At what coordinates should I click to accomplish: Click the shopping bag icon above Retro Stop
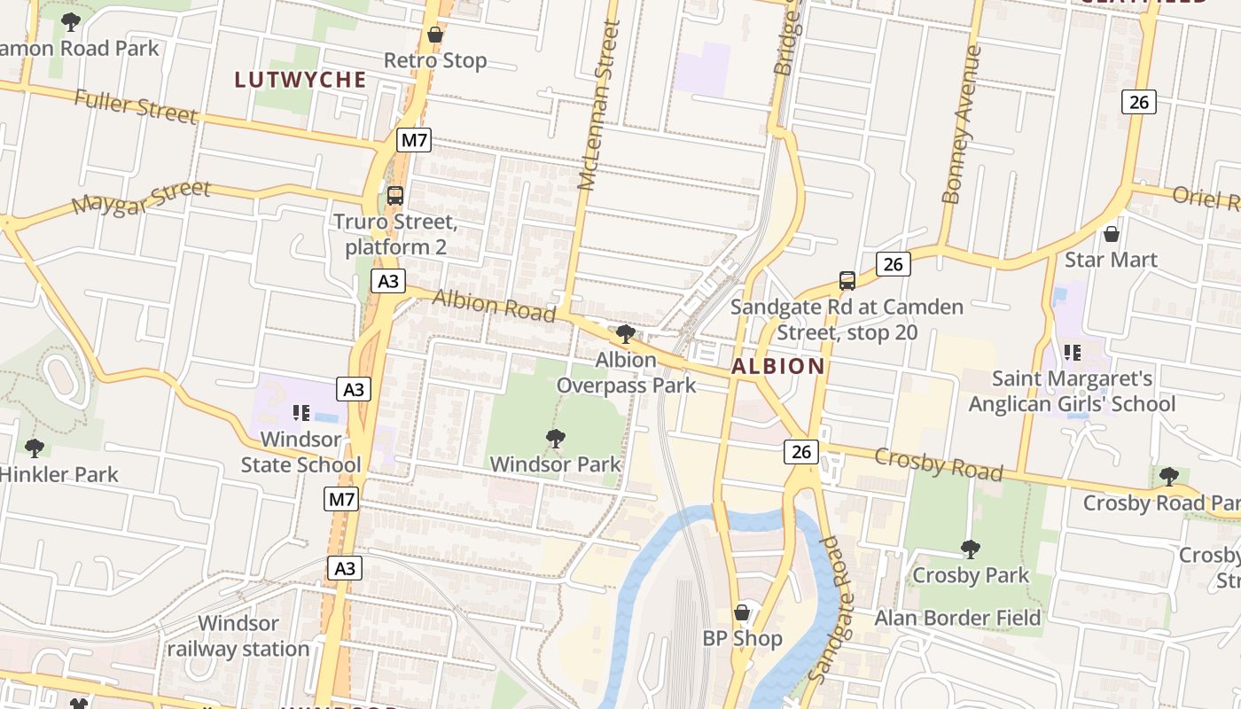(x=435, y=35)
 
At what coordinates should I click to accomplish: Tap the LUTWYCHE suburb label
(x=300, y=80)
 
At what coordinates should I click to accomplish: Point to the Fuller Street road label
(x=135, y=105)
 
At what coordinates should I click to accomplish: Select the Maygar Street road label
(x=141, y=197)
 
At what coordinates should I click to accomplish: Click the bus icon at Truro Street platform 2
(x=395, y=196)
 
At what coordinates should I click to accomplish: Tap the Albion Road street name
(x=494, y=306)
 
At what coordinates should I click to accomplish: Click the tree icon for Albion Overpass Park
(x=626, y=334)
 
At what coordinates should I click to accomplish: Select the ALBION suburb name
(x=778, y=366)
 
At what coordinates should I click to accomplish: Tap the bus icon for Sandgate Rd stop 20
(x=847, y=281)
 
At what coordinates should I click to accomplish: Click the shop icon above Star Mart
(x=1111, y=234)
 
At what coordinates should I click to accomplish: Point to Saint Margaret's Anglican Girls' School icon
(x=1073, y=353)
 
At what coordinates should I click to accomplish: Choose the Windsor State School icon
(x=300, y=413)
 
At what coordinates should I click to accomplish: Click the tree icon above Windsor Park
(x=556, y=438)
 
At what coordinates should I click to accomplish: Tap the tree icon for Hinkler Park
(x=35, y=448)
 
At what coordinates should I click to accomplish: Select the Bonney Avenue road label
(x=963, y=124)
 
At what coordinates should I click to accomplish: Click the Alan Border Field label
(x=957, y=618)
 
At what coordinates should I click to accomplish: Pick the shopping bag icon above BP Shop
(x=742, y=612)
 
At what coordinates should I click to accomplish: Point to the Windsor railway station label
(x=238, y=636)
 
